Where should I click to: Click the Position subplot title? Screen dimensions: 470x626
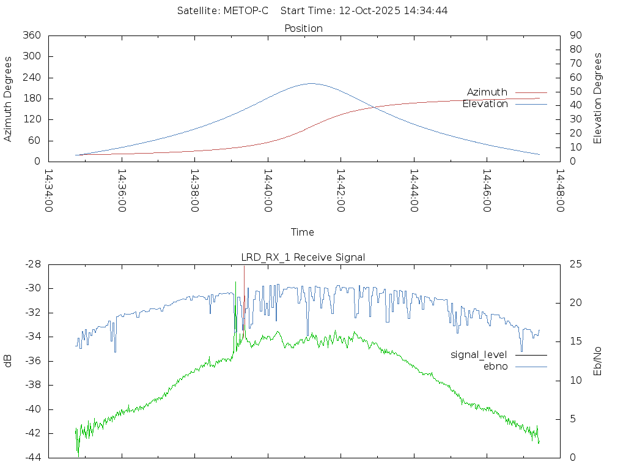[304, 28]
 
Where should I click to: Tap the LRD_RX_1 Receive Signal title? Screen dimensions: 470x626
[303, 257]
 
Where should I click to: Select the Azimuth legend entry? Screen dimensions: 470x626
[487, 92]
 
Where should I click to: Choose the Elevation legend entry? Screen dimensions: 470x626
[485, 104]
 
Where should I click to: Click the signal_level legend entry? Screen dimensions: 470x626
[479, 354]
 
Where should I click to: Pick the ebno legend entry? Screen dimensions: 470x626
[496, 366]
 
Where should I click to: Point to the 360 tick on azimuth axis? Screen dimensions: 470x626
[31, 35]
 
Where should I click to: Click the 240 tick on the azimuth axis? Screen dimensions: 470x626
[31, 78]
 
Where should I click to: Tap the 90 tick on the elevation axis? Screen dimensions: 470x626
[575, 35]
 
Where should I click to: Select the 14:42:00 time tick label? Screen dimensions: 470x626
[341, 190]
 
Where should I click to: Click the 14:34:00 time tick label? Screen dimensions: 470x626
[49, 190]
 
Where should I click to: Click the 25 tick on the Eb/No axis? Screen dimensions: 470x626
[575, 264]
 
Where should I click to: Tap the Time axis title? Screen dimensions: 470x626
[303, 232]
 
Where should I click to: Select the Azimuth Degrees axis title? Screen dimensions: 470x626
[9, 99]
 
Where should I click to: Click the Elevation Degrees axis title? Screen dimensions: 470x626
[598, 98]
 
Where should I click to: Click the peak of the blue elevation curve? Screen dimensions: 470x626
[311, 83]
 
